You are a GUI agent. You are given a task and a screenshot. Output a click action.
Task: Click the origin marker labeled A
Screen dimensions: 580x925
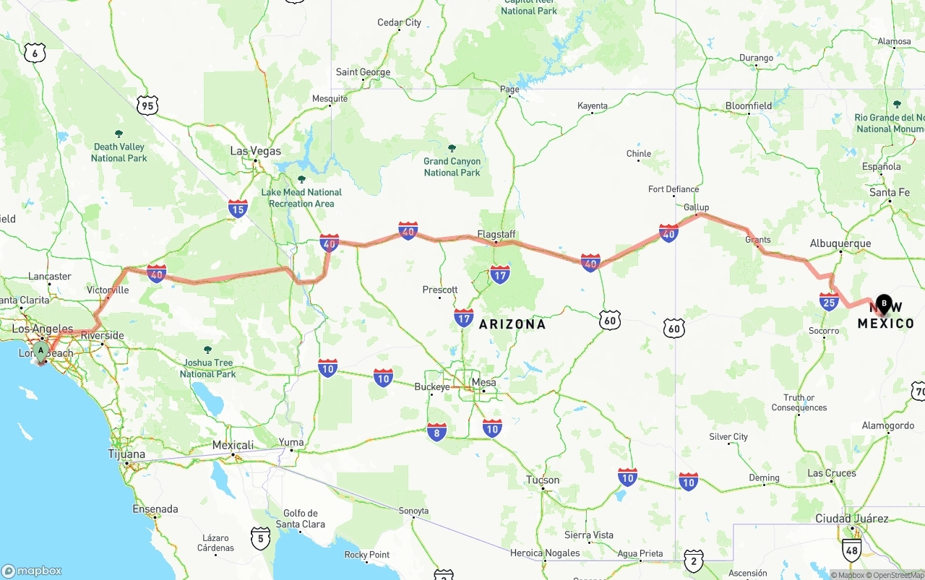coord(41,351)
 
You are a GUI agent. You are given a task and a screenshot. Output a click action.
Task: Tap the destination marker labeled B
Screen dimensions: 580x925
coord(883,304)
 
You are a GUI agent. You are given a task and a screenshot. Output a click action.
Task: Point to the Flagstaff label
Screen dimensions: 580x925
coord(496,234)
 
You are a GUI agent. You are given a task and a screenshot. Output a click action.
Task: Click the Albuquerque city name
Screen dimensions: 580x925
coord(840,243)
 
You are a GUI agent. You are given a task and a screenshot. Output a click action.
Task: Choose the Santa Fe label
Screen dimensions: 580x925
coord(890,192)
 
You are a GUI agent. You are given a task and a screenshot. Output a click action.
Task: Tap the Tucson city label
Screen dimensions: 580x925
coord(543,480)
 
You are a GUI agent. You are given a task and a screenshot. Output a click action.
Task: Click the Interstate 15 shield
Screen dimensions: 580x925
coord(238,209)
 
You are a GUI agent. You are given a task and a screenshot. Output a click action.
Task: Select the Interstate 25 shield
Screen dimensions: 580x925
coord(829,301)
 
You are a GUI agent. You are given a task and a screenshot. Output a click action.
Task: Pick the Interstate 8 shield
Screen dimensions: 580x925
coord(436,432)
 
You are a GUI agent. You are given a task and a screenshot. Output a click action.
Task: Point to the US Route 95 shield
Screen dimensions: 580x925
coord(147,106)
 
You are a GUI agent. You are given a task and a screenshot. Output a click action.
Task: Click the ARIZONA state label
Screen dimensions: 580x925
coord(512,324)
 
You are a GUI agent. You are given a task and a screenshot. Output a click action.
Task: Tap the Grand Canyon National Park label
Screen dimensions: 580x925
coord(452,167)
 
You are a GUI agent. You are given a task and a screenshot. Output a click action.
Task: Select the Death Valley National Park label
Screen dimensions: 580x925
coord(119,152)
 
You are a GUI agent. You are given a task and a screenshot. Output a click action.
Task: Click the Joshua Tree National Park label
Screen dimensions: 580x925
coord(208,368)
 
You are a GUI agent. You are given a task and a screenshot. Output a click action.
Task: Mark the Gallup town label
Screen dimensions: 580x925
coord(696,207)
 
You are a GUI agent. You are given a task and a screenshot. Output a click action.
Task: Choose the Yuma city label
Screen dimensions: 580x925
coord(291,442)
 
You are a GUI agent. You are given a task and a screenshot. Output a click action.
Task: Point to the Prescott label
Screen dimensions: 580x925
coord(440,290)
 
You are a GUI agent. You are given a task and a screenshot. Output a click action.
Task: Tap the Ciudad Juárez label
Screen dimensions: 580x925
coord(851,519)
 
